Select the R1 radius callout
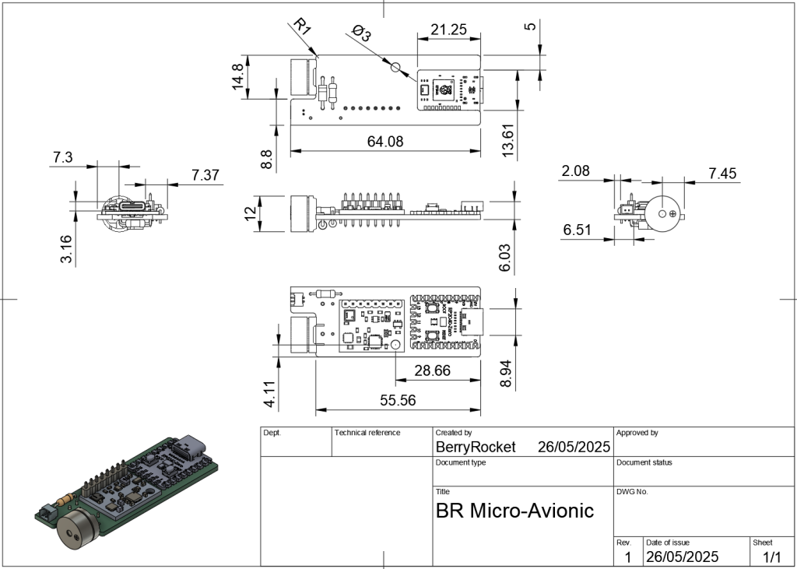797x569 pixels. click(x=301, y=28)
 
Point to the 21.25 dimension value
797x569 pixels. click(x=448, y=30)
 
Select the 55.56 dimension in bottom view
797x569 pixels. click(x=396, y=401)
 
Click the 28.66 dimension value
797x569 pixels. click(x=433, y=371)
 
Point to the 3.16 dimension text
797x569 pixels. click(x=66, y=249)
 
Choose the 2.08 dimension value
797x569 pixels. click(x=575, y=171)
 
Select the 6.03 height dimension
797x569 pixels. click(x=505, y=257)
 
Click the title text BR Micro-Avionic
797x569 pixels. click(x=514, y=511)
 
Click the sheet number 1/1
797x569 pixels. click(x=771, y=557)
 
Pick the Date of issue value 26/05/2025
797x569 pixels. click(x=683, y=557)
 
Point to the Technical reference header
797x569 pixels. click(x=367, y=433)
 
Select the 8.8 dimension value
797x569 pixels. click(x=267, y=160)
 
